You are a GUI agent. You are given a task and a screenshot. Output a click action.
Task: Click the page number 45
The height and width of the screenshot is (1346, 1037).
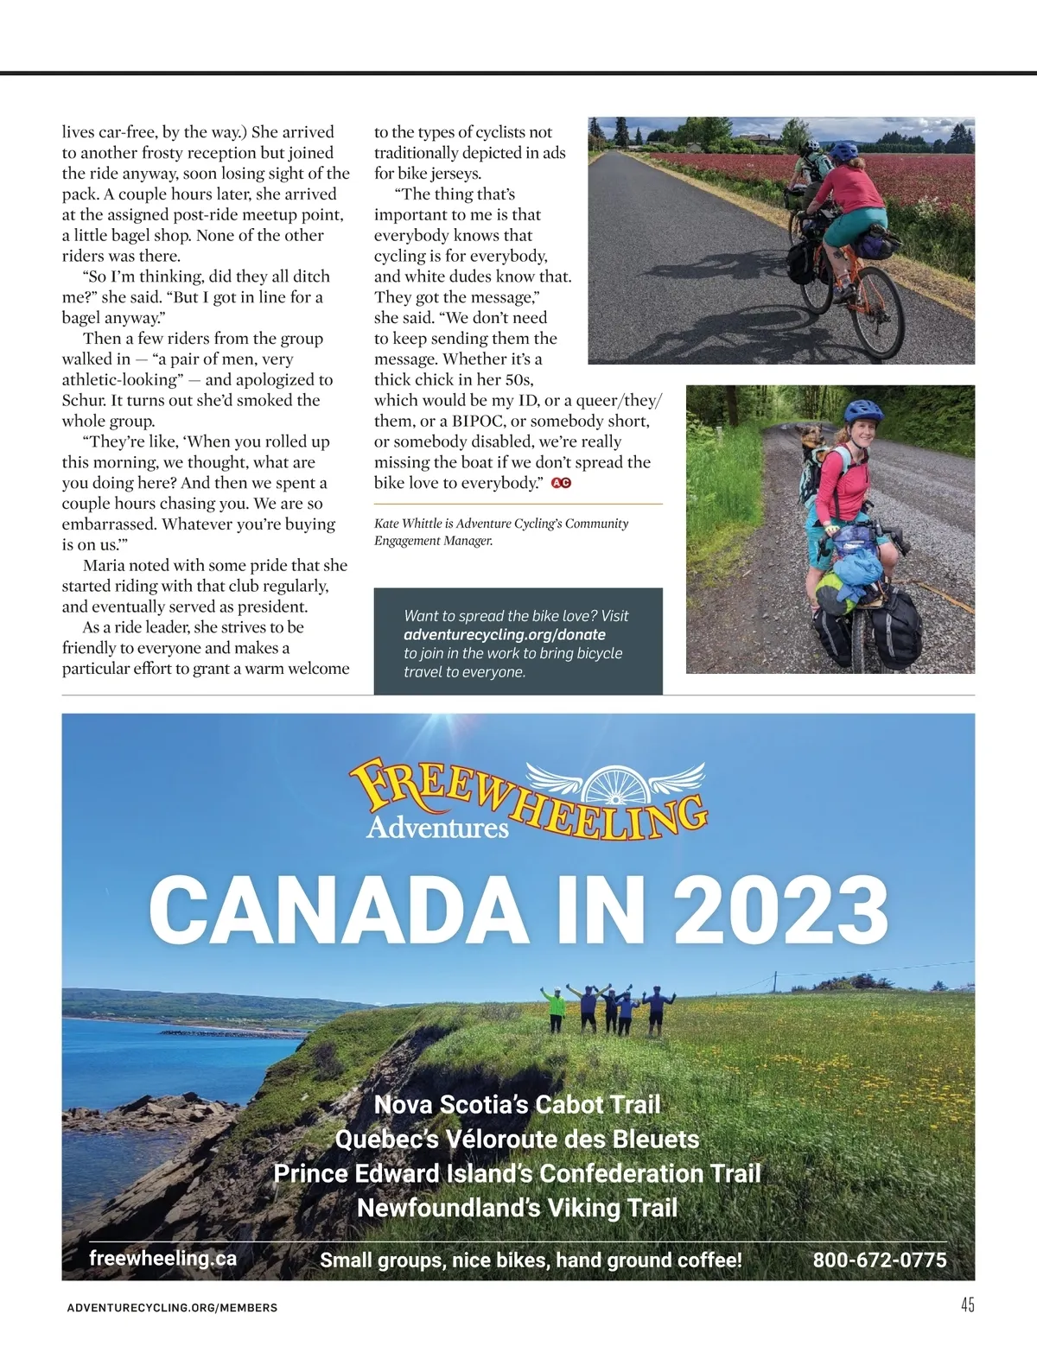[x=967, y=1305]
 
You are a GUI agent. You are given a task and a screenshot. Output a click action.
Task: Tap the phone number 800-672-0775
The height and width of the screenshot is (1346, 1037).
[x=879, y=1260]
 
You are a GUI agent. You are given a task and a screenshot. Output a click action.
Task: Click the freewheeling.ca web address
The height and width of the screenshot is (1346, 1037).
[x=162, y=1258]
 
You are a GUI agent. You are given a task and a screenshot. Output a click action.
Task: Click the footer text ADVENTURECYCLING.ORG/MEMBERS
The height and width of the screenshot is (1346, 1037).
[x=172, y=1308]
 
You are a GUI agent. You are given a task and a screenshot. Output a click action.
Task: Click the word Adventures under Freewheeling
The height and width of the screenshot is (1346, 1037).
[x=437, y=828]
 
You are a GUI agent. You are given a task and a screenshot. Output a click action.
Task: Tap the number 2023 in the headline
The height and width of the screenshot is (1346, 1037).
[x=780, y=911]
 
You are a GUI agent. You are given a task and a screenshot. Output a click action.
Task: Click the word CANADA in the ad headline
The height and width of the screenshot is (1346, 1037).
[x=336, y=911]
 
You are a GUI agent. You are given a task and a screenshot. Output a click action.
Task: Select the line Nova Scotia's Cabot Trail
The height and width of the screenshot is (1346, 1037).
[x=517, y=1104]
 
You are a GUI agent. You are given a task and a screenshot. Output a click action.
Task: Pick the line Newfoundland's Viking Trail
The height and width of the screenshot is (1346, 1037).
[x=517, y=1208]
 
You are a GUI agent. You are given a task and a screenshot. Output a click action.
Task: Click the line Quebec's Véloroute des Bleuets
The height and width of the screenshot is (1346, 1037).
[x=517, y=1139]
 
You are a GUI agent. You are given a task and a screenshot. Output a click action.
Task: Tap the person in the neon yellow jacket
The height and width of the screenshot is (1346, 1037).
[x=557, y=1007]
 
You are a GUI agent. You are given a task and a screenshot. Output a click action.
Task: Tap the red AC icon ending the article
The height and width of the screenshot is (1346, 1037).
[x=561, y=483]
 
